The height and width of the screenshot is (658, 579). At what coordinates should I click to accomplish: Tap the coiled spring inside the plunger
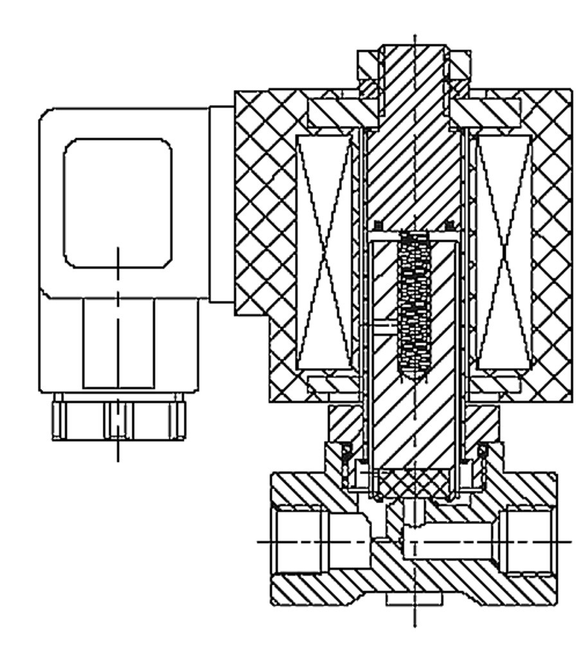414,302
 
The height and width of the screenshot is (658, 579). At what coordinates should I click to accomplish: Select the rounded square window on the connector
118,203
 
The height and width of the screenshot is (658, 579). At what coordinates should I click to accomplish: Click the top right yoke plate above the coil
492,112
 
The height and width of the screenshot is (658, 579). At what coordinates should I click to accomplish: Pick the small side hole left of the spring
383,327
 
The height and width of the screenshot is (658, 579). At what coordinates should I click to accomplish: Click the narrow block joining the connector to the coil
222,203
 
